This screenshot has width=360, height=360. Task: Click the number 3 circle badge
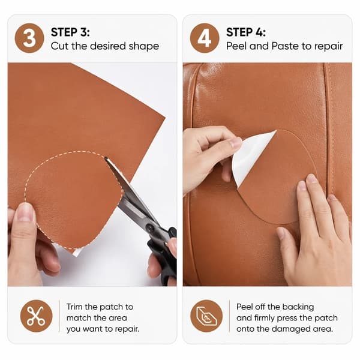coord(29,38)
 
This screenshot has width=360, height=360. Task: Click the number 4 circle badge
coord(205,38)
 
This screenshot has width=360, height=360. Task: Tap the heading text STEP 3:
coord(70,32)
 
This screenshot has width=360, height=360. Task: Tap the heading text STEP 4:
coord(246,32)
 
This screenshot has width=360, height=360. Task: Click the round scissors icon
coord(36,316)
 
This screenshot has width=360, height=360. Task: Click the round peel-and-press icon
coord(206,316)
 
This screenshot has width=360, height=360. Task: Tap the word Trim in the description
coord(74,307)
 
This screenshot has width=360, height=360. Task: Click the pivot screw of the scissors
coord(151,228)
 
